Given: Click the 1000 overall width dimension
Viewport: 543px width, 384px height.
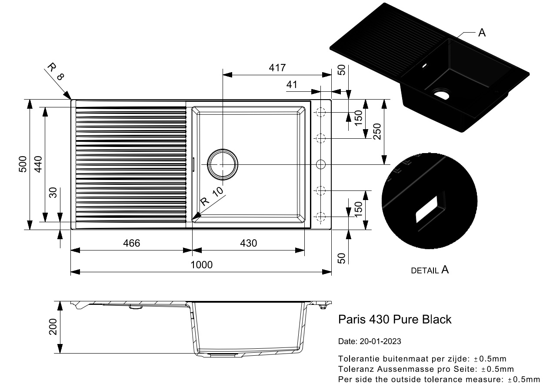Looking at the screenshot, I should coord(201,265).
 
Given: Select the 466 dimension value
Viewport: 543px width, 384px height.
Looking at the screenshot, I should coord(131,243).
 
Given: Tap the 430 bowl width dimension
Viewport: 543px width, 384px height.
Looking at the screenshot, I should coord(248,243).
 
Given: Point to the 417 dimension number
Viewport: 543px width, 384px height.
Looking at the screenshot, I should coord(277,68).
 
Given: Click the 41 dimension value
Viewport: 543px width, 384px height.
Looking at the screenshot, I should coord(292,85).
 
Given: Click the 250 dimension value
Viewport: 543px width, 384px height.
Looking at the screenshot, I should coord(377,131).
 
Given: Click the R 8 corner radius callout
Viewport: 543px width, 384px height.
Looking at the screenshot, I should coord(55,72).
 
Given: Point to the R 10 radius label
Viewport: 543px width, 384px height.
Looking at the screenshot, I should coord(212,197).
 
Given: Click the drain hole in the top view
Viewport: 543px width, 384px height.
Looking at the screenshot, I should coord(223,165).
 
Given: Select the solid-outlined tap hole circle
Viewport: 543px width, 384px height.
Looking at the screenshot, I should coord(321,164).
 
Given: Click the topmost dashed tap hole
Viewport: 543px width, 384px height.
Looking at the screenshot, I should coord(321,113).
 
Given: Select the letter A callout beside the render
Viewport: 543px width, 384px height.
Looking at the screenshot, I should coord(482,33).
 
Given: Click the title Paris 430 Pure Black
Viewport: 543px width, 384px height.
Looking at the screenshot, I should coord(395,320).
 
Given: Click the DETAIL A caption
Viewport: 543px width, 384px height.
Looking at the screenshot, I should coord(430,270).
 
